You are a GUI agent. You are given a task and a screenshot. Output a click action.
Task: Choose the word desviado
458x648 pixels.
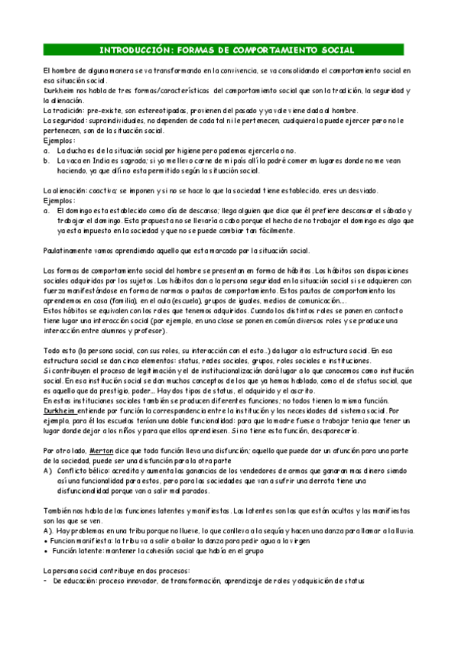tap(360, 190)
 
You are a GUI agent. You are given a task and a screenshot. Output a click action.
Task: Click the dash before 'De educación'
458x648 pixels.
tap(46, 582)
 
